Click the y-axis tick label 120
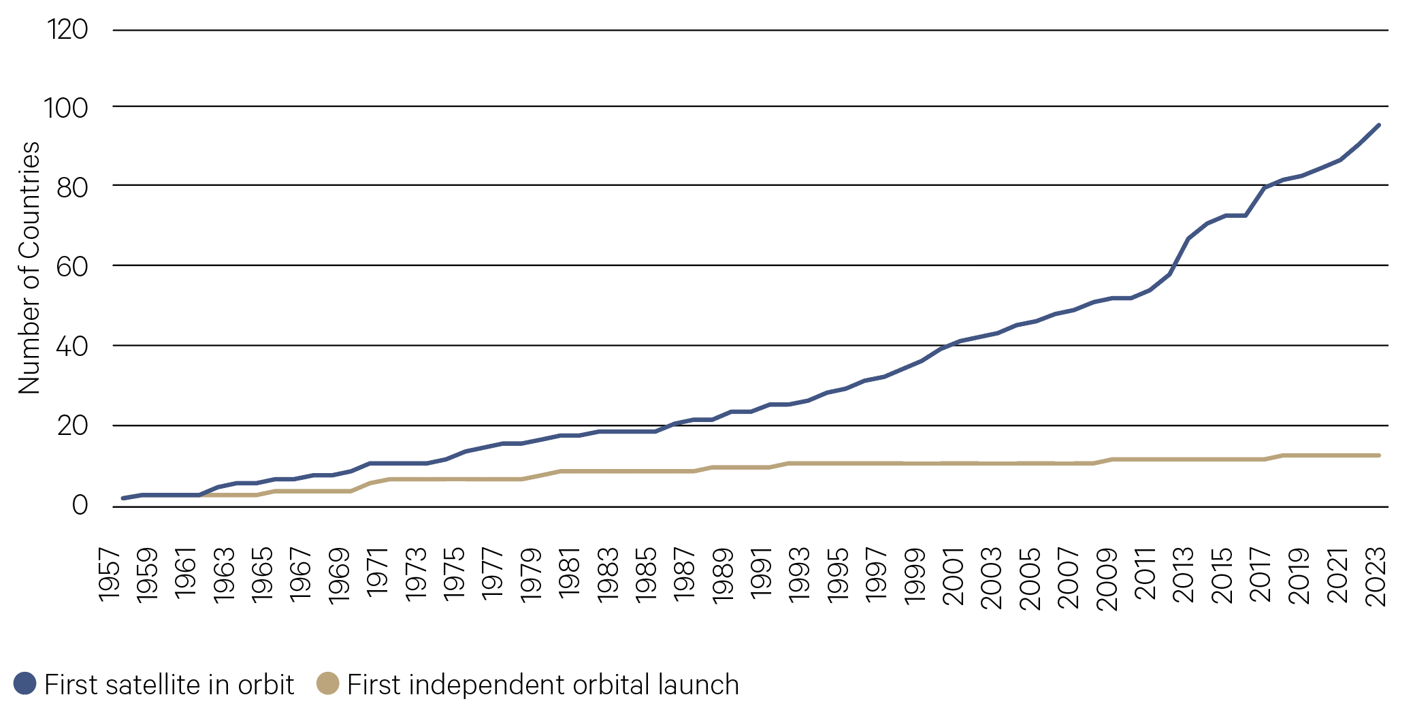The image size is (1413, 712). (x=67, y=29)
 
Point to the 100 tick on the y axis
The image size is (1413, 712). (x=66, y=108)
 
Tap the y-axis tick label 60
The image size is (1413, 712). (x=72, y=266)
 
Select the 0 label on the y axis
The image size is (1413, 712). (x=80, y=505)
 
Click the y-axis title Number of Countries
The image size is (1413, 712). (x=29, y=268)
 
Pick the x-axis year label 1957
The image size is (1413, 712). (x=109, y=575)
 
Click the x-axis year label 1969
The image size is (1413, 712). (x=339, y=575)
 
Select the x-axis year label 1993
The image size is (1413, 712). (x=799, y=575)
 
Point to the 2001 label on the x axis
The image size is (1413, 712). (x=953, y=577)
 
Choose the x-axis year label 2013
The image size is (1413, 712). (x=1183, y=576)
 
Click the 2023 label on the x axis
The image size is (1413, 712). (x=1376, y=577)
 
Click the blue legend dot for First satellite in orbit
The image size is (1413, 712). (x=25, y=683)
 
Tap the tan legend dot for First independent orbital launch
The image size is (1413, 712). (x=328, y=683)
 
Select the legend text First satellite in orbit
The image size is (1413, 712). (x=169, y=685)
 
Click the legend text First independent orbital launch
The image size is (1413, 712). (x=542, y=685)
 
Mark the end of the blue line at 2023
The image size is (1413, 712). (x=1378, y=125)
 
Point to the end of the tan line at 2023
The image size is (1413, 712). (x=1378, y=455)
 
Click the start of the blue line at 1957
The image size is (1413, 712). (x=123, y=498)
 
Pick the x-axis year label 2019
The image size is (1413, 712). (x=1299, y=576)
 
